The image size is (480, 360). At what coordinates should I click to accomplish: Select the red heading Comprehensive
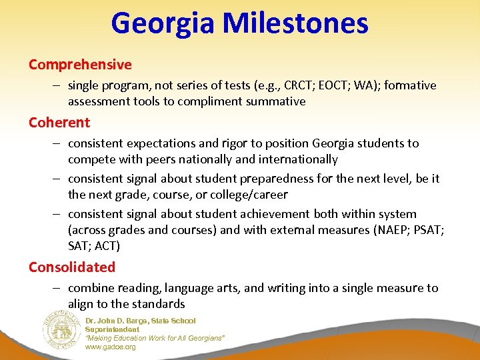80,65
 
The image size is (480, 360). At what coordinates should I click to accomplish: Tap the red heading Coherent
59,123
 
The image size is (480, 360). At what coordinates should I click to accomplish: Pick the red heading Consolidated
72,267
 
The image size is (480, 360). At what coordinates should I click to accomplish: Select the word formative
409,85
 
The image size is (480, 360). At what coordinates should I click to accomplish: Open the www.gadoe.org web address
110,347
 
